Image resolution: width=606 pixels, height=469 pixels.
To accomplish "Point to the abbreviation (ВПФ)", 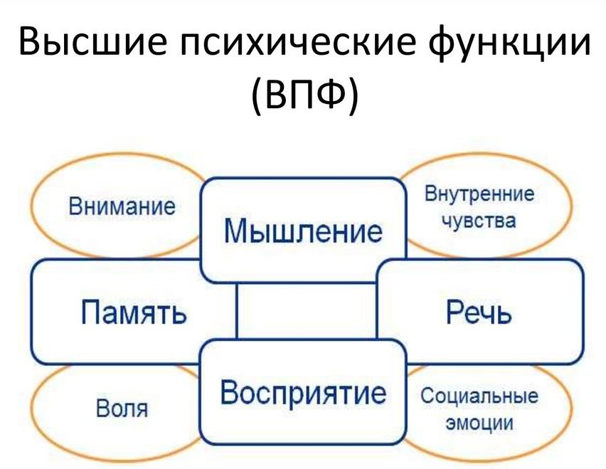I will point(303,98).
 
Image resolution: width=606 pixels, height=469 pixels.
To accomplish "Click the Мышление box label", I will point(303,231).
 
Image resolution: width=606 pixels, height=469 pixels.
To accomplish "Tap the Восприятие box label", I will point(303,392).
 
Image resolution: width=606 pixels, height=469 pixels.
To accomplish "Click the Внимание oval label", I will point(122,208).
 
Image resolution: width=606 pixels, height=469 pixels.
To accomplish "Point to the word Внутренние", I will point(479,194).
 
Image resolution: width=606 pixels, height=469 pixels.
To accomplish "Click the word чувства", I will point(479,221).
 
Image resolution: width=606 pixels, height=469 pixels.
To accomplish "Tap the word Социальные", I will point(479,396).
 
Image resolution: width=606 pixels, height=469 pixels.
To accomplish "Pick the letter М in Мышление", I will point(237,231).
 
